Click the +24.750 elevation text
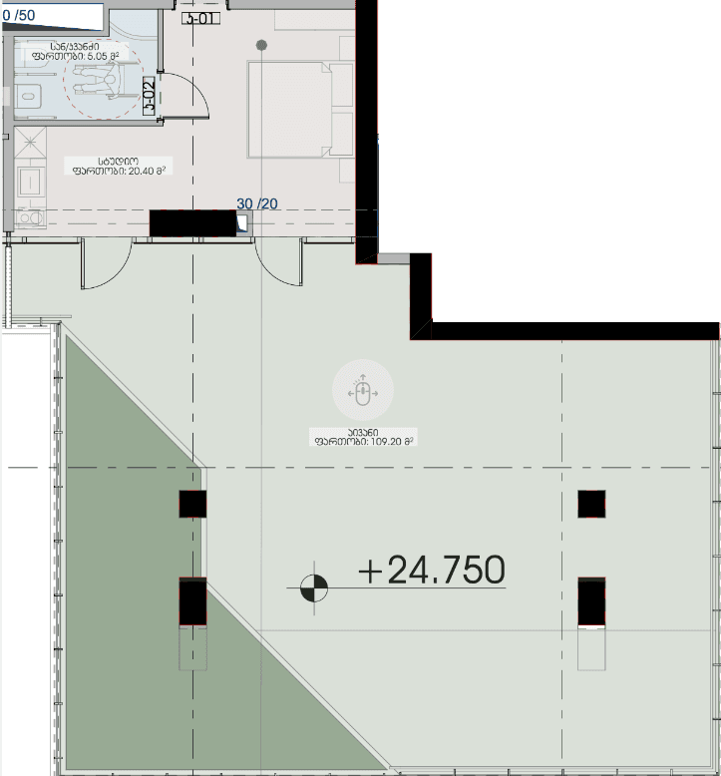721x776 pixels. click(432, 570)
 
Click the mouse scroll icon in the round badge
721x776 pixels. click(363, 392)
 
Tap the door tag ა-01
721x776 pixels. click(200, 16)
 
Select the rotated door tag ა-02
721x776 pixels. click(149, 98)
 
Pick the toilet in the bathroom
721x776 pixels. click(27, 96)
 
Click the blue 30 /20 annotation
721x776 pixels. click(257, 203)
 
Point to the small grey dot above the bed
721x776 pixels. click(261, 45)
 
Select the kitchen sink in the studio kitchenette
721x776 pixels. click(29, 182)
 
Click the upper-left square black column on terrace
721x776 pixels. click(192, 504)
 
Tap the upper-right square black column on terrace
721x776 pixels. click(591, 504)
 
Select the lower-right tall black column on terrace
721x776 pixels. click(591, 601)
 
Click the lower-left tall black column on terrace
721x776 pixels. click(192, 601)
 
